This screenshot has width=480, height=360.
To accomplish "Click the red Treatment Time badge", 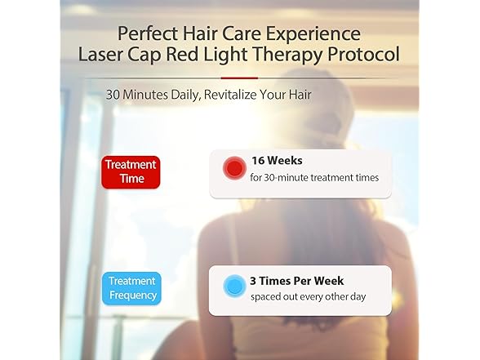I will click(130, 172).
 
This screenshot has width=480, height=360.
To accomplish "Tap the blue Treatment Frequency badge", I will click(131, 287).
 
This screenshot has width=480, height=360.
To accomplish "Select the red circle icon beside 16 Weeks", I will click(234, 168).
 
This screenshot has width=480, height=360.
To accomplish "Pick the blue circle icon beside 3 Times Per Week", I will click(234, 286).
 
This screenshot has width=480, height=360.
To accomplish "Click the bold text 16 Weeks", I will click(278, 161).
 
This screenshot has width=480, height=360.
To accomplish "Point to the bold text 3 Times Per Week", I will click(300, 278).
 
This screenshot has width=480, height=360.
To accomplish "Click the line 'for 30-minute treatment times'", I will click(314, 177).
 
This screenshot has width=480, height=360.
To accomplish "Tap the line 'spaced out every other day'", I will click(308, 295).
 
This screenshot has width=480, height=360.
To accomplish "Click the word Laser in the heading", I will click(101, 56).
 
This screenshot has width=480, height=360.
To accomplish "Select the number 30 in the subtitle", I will click(113, 95).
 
